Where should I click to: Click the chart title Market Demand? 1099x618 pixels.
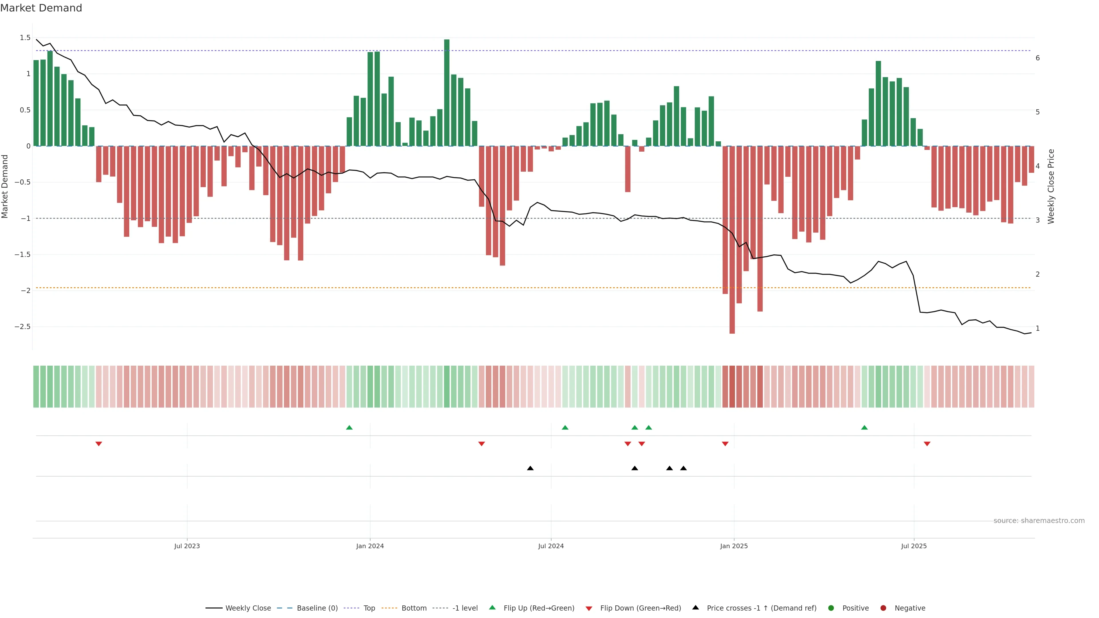pyautogui.click(x=41, y=8)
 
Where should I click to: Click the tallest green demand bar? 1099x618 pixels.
pyautogui.click(x=447, y=92)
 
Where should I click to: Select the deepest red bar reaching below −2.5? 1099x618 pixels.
pyautogui.click(x=732, y=240)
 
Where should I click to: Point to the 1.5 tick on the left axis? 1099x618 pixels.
pyautogui.click(x=25, y=38)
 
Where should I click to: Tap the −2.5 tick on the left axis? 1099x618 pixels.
pyautogui.click(x=23, y=327)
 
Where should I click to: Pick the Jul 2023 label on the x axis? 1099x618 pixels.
pyautogui.click(x=187, y=546)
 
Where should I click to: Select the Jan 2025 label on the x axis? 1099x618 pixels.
pyautogui.click(x=734, y=546)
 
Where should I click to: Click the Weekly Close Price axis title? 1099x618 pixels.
pyautogui.click(x=1051, y=186)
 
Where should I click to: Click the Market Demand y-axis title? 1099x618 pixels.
pyautogui.click(x=5, y=186)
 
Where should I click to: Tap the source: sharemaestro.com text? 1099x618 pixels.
pyautogui.click(x=1039, y=521)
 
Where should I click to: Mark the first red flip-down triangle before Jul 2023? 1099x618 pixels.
pyautogui.click(x=98, y=444)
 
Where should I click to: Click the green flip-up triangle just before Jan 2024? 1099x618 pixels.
pyautogui.click(x=349, y=427)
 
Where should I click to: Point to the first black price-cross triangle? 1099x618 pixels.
pyautogui.click(x=530, y=468)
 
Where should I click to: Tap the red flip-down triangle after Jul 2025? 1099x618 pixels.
pyautogui.click(x=927, y=444)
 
